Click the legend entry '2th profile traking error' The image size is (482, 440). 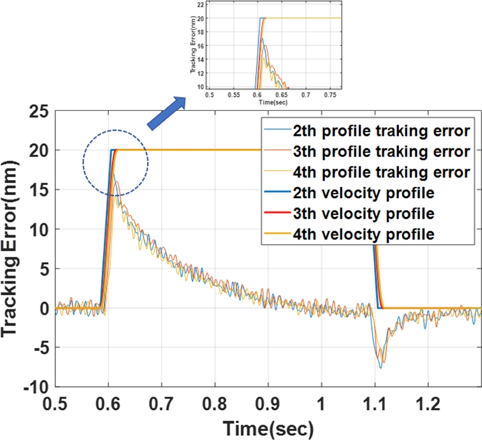(365, 130)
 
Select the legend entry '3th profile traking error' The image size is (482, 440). (365, 151)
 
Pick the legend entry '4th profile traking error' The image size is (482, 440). (365, 172)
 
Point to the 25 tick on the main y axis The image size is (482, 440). (37, 112)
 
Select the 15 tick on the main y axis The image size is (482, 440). (37, 190)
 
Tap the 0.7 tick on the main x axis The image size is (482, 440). (161, 403)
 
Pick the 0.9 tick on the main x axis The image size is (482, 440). (268, 403)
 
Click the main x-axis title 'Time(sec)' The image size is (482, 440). (268, 428)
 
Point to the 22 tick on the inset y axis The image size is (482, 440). (201, 4)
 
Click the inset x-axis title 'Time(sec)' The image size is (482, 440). (274, 102)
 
